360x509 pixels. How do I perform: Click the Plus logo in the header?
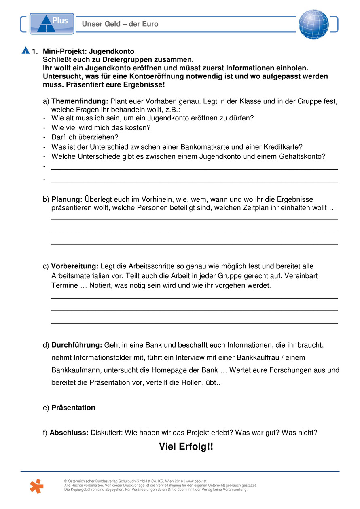(x=52, y=23)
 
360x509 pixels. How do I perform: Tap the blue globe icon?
(x=313, y=24)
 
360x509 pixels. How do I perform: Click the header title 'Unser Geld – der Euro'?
(x=120, y=24)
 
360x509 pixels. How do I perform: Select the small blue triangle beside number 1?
(x=26, y=51)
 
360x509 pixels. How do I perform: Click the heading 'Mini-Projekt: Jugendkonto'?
(x=89, y=52)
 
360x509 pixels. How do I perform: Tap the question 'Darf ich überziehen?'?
(x=85, y=137)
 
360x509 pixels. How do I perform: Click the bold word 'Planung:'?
(x=67, y=199)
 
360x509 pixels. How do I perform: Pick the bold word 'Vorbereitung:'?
(x=75, y=266)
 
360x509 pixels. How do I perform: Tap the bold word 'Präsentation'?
(x=73, y=408)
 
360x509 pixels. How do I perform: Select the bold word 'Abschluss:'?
(x=69, y=433)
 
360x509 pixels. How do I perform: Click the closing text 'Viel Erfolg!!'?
(x=186, y=447)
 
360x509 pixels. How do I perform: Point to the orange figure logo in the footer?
(x=36, y=486)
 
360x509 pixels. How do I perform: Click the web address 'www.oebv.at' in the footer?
(x=196, y=482)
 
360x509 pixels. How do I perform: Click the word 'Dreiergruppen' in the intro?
(x=115, y=59)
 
